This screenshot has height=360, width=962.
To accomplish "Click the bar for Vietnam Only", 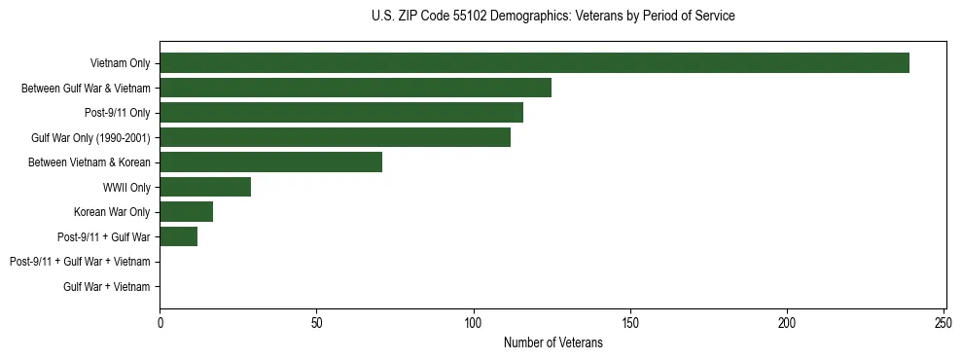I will (534, 63).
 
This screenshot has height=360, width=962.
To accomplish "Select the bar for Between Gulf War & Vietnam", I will (355, 88).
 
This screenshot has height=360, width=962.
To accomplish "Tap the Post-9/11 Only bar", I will (341, 113).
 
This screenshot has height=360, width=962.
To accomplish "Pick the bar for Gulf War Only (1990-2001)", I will (335, 137).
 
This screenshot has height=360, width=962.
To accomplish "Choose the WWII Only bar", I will (205, 187).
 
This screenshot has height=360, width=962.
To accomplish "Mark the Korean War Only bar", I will (186, 212).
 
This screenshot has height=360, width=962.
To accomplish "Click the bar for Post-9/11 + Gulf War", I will (178, 236).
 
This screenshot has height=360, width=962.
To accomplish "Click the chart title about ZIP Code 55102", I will (553, 17).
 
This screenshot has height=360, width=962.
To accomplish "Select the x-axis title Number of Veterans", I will (553, 342).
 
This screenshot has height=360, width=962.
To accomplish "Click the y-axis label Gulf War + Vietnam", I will (107, 286).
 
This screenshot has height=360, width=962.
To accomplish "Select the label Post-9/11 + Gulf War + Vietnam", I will (80, 262).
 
